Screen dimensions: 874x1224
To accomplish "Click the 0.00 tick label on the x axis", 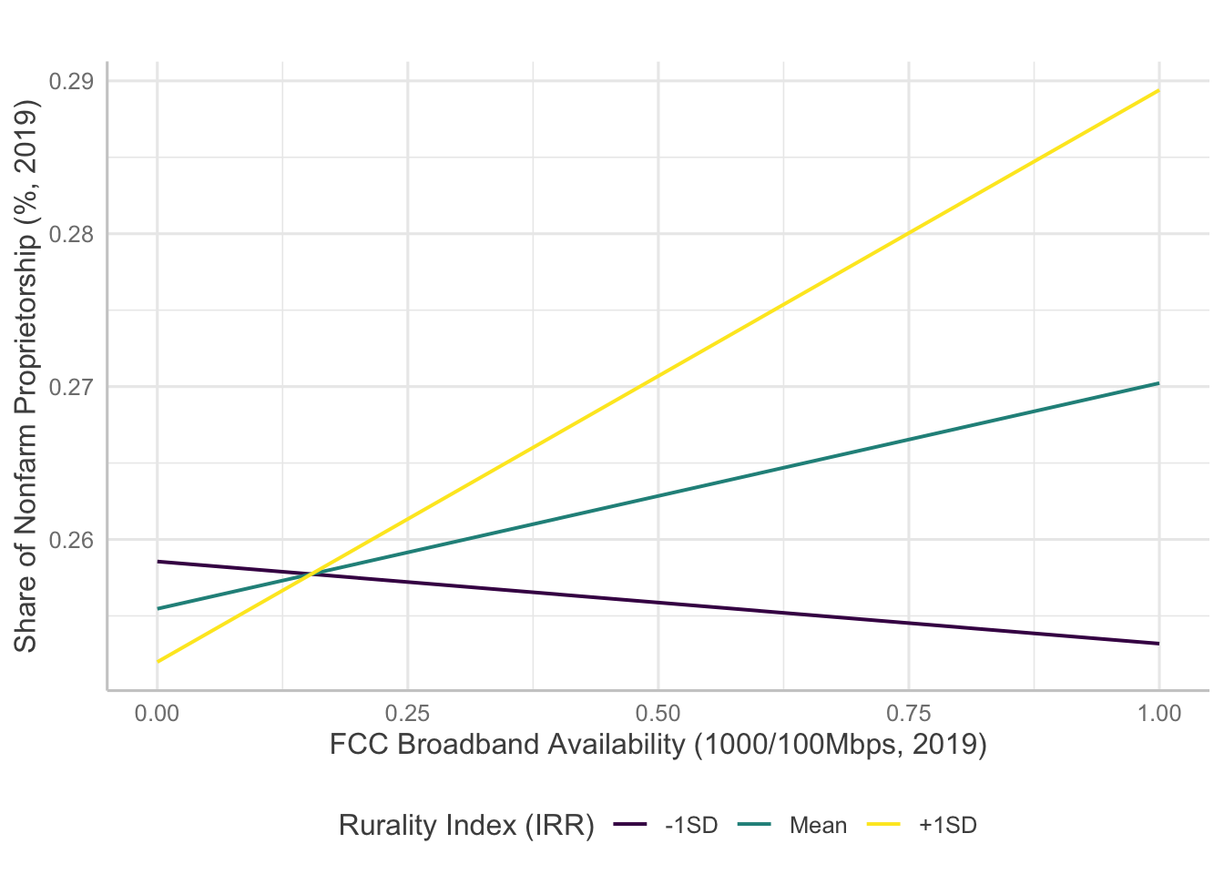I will (x=158, y=713).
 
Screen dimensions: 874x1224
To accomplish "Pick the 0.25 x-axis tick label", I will (x=408, y=713).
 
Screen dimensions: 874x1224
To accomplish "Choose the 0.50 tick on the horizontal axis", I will (x=658, y=713).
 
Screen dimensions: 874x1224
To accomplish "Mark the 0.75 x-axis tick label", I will (x=908, y=713).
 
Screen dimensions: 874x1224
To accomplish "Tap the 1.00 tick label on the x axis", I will (x=1158, y=713).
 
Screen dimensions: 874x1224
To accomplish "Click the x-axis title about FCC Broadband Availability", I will (x=658, y=745).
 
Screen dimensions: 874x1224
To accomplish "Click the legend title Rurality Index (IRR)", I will (x=466, y=826).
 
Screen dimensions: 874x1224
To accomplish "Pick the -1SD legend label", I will (x=691, y=826).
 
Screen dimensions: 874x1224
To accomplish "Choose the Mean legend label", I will (x=818, y=826).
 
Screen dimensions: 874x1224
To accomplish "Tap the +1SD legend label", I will (x=947, y=826).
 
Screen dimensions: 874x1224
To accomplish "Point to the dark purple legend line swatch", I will (x=630, y=826).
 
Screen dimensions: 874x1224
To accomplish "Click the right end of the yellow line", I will (x=1158, y=90).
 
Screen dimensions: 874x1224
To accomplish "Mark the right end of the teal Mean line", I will (x=1158, y=383).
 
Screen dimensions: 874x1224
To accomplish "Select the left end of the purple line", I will (x=158, y=562).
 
